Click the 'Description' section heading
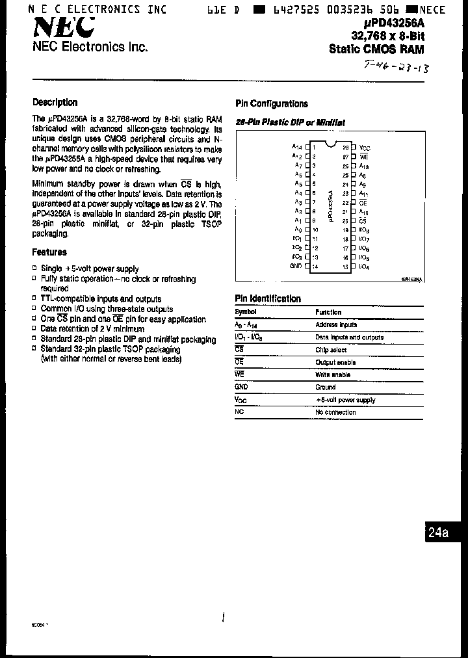pyautogui.click(x=55, y=102)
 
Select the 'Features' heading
pyautogui.click(x=49, y=252)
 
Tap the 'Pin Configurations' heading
pyautogui.click(x=271, y=103)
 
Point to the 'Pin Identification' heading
pyautogui.click(x=268, y=298)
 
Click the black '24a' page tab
pyautogui.click(x=439, y=533)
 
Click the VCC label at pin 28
pyautogui.click(x=365, y=148)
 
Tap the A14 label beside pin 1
pyautogui.click(x=297, y=148)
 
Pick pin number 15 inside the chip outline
pyautogui.click(x=345, y=267)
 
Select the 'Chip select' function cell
pyautogui.click(x=331, y=350)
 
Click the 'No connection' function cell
pyautogui.click(x=335, y=412)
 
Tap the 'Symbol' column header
pyautogui.click(x=246, y=312)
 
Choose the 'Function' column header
pyautogui.click(x=328, y=312)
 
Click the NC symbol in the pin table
pyautogui.click(x=239, y=412)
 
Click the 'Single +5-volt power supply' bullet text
pyautogui.click(x=90, y=269)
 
